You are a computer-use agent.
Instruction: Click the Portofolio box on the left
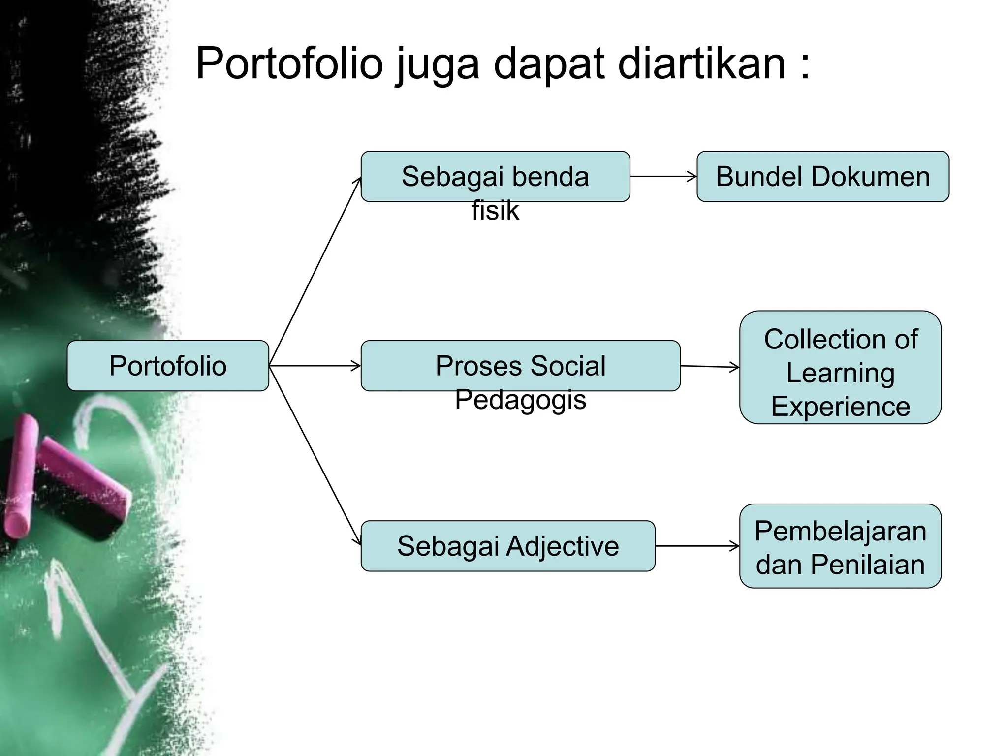[x=168, y=366]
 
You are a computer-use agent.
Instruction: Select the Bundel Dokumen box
[x=822, y=176]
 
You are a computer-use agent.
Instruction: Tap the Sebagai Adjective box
[x=507, y=546]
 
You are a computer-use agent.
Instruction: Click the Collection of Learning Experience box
[x=840, y=367]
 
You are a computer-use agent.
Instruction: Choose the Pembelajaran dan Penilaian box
[x=840, y=546]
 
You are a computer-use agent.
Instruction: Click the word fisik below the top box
[x=495, y=211]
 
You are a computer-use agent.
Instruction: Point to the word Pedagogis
[x=520, y=399]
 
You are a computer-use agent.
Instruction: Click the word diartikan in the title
[x=701, y=63]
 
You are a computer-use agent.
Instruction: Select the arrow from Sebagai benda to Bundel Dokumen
[x=663, y=176]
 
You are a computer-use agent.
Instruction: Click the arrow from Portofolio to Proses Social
[x=315, y=366]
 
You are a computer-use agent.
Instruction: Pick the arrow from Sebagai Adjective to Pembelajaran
[x=697, y=546]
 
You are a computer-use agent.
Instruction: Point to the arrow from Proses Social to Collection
[x=710, y=366]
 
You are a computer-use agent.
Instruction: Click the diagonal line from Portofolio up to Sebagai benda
[x=315, y=272]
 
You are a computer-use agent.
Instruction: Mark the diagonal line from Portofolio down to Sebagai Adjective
[x=315, y=455]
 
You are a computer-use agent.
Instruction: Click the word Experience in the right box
[x=840, y=407]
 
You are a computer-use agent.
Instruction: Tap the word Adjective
[x=563, y=546]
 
